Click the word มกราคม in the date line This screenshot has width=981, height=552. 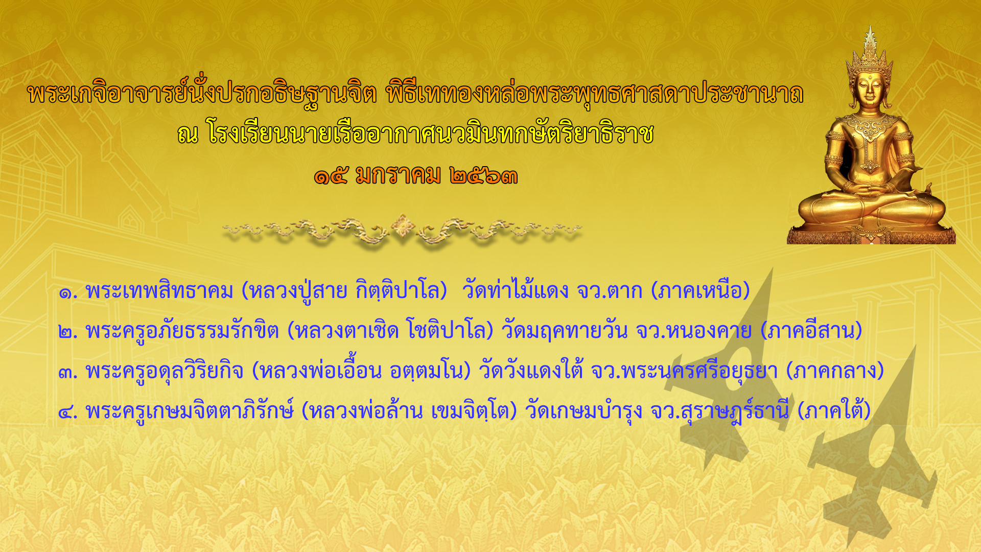(398, 176)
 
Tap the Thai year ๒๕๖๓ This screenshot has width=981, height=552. (484, 176)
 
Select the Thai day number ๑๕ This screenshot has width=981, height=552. (331, 176)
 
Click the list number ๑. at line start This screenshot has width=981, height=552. (68, 293)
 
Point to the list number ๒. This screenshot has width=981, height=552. (68, 333)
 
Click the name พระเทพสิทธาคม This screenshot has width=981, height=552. (159, 290)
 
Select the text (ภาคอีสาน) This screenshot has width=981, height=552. (811, 330)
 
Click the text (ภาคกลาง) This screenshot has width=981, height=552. (835, 370)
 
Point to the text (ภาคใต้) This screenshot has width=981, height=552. (834, 410)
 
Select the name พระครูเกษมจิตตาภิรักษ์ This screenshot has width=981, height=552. (190, 410)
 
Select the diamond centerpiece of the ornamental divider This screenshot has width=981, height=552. (403, 226)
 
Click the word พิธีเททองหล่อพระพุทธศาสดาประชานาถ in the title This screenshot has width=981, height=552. (595, 94)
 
